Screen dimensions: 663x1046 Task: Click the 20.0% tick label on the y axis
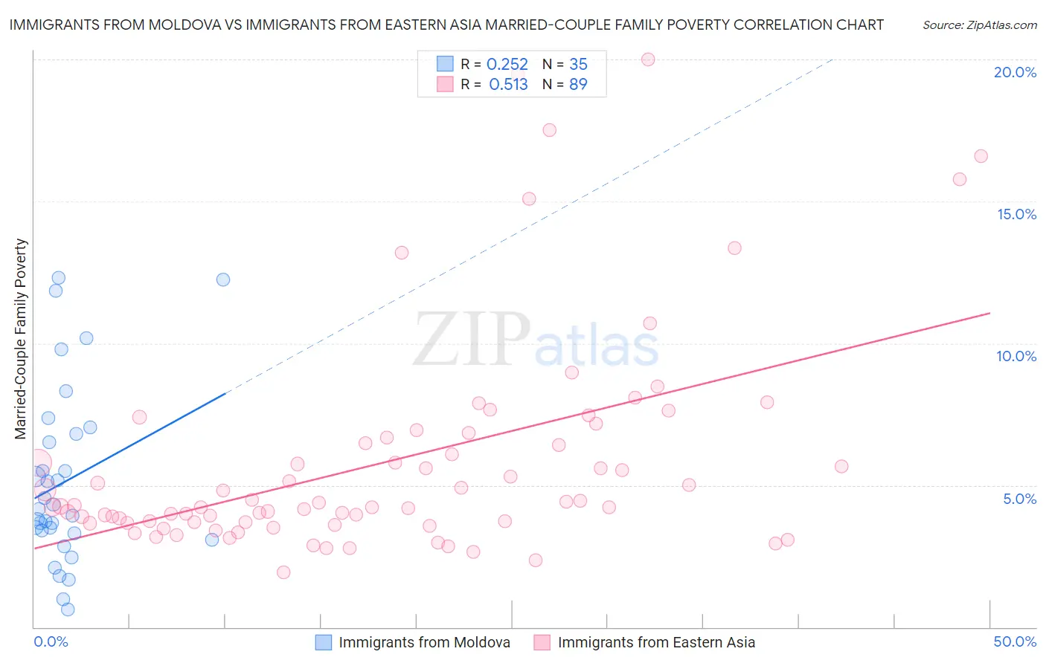1015,72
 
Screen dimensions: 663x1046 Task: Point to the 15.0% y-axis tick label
1016,214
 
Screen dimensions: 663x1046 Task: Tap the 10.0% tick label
1016,356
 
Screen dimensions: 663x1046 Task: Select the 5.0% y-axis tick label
1019,499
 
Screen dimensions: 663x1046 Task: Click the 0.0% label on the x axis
51,641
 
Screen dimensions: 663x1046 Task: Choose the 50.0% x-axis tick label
1015,641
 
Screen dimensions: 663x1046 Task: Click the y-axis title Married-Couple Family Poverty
21,339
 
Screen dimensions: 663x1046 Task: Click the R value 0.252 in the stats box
507,65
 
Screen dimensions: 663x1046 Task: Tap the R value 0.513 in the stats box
508,85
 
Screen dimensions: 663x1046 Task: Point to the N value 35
578,65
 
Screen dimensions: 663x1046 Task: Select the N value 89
578,85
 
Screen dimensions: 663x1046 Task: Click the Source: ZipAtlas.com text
979,25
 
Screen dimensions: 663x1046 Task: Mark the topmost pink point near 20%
648,59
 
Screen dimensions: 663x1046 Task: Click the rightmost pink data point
981,156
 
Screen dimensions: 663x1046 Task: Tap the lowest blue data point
68,609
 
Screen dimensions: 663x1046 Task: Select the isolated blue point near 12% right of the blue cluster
223,279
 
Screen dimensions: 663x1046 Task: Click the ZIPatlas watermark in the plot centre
536,340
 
